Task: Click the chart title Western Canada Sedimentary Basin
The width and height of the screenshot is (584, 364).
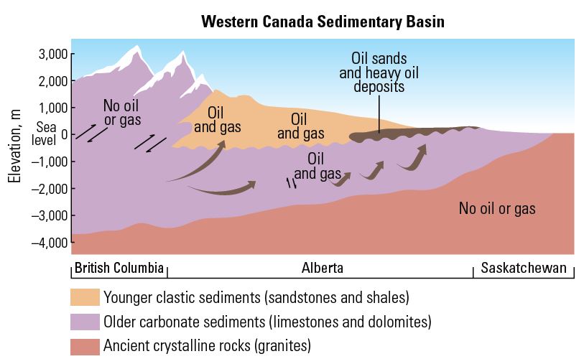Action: [323, 22]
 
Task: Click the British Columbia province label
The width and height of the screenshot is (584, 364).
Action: [119, 269]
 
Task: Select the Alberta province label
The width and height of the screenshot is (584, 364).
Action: [322, 269]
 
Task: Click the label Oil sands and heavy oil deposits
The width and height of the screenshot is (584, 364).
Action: [379, 72]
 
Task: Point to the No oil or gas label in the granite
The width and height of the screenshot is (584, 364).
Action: [497, 209]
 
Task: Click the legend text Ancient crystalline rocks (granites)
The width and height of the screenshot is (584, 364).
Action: [207, 346]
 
